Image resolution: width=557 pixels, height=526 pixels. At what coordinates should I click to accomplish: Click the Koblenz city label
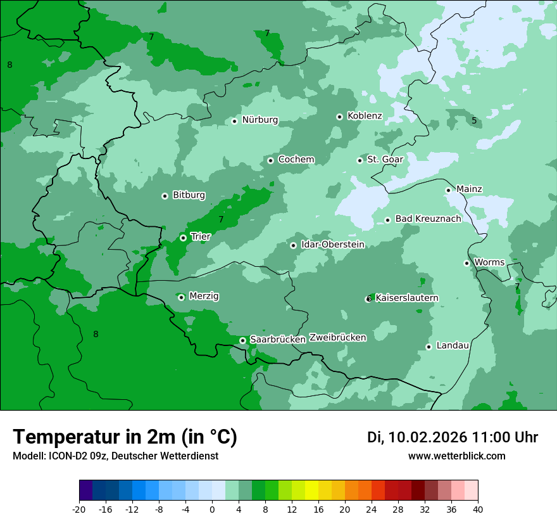(x=365, y=116)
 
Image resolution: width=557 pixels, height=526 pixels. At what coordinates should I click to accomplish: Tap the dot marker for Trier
(x=183, y=238)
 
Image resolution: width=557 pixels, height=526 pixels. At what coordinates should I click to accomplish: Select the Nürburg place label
(x=260, y=120)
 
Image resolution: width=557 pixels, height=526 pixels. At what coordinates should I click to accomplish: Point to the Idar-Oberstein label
(x=333, y=244)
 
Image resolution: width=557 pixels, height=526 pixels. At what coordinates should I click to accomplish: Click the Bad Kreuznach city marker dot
(x=387, y=220)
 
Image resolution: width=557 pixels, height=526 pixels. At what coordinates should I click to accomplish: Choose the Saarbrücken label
(x=278, y=340)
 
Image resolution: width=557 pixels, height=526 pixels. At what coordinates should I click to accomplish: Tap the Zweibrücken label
(x=337, y=337)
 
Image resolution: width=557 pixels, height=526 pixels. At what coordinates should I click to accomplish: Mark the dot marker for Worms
(x=466, y=263)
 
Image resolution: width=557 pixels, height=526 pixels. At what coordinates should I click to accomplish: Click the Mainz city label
(x=469, y=189)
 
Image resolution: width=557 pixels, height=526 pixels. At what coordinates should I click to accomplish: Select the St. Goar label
(x=385, y=159)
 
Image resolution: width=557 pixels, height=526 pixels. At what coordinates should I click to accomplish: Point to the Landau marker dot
(x=429, y=347)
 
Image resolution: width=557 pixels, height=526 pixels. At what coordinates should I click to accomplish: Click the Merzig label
(x=204, y=296)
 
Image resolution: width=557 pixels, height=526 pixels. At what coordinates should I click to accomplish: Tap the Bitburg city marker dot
(x=165, y=196)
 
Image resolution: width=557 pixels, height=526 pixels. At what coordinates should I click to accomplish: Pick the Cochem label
(x=296, y=159)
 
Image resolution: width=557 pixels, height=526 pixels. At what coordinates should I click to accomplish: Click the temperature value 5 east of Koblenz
(x=474, y=120)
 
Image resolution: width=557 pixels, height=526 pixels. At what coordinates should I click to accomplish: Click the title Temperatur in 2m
(x=125, y=437)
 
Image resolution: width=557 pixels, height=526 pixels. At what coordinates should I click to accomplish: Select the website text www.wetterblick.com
(x=456, y=456)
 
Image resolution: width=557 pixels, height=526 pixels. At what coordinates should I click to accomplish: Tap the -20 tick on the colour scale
(x=79, y=509)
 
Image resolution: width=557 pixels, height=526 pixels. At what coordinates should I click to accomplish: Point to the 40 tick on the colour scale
(x=477, y=509)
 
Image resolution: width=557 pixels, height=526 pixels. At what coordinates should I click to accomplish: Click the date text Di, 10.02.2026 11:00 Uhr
(x=453, y=437)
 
